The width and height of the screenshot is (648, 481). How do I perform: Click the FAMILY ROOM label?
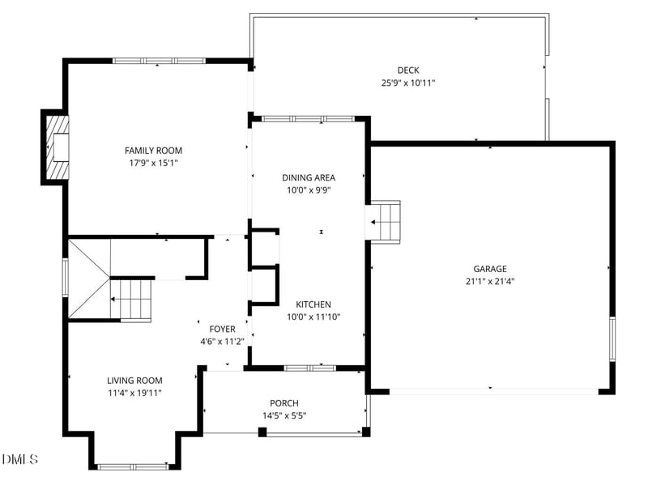(x=153, y=151)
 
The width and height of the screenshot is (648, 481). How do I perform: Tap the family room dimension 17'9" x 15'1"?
(x=153, y=163)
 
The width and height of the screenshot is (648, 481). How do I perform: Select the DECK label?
(x=408, y=70)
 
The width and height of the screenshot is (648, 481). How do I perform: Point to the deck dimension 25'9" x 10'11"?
(x=408, y=83)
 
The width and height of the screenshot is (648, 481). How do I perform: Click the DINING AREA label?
(x=308, y=177)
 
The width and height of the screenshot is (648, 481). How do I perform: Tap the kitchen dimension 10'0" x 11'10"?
(x=313, y=317)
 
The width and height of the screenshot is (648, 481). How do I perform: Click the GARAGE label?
(x=490, y=269)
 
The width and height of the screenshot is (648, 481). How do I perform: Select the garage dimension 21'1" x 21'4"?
(x=490, y=282)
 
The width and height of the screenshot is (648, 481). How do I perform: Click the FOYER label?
(x=222, y=329)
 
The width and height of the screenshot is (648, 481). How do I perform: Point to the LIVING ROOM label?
(x=134, y=381)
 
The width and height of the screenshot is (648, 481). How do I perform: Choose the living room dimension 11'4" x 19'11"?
(x=134, y=394)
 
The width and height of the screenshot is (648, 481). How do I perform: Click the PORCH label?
(x=284, y=403)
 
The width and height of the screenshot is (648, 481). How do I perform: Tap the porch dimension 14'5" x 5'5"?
(x=284, y=416)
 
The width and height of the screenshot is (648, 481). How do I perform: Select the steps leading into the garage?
(x=386, y=220)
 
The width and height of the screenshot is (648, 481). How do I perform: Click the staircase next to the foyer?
(x=130, y=298)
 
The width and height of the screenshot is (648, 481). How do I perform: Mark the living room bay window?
(x=133, y=466)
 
